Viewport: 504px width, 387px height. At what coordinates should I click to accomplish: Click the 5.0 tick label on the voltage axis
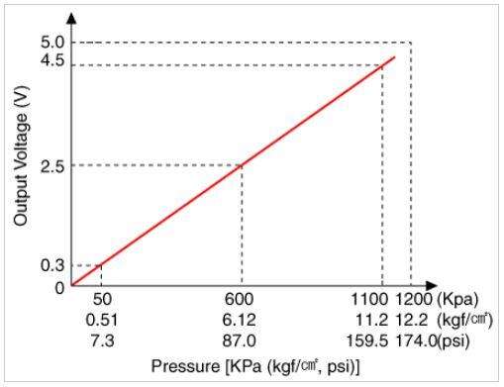click(x=52, y=43)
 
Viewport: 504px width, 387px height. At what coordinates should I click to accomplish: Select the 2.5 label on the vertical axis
click(x=52, y=167)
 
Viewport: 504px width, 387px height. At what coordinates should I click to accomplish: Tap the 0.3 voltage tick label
click(x=52, y=265)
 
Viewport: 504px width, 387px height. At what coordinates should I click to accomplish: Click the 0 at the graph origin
click(x=59, y=288)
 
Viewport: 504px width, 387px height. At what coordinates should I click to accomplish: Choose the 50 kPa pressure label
click(x=102, y=299)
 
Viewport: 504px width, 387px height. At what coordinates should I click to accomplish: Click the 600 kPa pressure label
click(x=239, y=299)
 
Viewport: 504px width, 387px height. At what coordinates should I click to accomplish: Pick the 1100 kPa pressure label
click(x=369, y=299)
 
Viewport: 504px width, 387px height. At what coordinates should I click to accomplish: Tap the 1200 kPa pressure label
click(x=414, y=299)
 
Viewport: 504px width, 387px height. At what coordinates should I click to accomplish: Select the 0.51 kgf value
click(x=102, y=320)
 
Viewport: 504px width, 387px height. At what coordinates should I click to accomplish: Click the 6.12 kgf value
click(x=239, y=320)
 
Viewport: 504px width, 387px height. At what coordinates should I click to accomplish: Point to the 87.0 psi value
click(x=239, y=340)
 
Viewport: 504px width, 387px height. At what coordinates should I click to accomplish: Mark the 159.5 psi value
click(x=366, y=340)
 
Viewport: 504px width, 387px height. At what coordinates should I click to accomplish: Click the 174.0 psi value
click(x=416, y=340)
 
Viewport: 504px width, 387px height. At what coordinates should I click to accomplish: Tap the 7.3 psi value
click(x=102, y=340)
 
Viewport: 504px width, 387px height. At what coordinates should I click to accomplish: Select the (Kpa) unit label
click(x=457, y=300)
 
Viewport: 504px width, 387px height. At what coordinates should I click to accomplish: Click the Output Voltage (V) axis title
click(x=21, y=155)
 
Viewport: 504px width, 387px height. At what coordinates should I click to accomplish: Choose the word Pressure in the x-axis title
click(x=185, y=366)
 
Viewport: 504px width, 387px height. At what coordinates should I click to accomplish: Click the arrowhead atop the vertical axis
click(x=71, y=18)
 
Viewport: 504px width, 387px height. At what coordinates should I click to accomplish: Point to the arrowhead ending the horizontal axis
click(x=432, y=286)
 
